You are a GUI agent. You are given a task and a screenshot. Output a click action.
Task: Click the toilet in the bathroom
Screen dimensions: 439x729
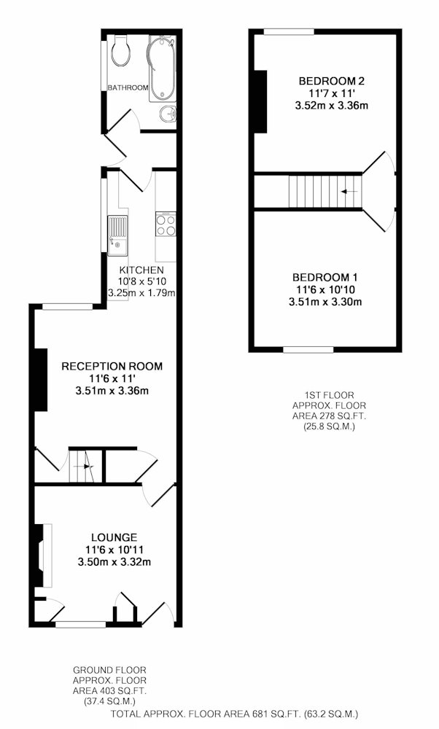pos(121,51)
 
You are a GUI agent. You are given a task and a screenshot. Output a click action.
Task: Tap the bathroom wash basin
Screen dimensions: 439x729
pos(168,114)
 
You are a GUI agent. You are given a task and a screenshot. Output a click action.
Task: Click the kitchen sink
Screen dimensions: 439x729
pos(117,235)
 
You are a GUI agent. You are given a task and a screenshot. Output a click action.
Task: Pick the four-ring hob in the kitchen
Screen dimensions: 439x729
pos(166,225)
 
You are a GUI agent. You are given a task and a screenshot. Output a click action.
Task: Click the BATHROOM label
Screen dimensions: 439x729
pos(128,87)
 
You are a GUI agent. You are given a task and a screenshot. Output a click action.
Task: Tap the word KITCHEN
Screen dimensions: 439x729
pos(141,270)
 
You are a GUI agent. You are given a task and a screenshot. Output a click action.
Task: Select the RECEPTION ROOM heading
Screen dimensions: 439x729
pos(112,367)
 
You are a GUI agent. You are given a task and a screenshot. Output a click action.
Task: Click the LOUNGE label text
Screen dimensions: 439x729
pos(114,538)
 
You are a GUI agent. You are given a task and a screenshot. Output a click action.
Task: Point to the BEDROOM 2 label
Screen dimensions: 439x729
pos(332,81)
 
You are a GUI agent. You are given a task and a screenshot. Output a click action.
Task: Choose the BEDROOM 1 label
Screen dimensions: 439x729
pos(325,278)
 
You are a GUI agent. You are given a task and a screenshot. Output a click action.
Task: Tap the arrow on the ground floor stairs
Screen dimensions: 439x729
pos(88,467)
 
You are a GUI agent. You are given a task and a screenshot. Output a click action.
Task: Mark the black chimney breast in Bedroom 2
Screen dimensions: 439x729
pos(260,102)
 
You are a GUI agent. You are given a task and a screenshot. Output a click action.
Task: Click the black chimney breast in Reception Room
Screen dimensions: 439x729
pos(41,380)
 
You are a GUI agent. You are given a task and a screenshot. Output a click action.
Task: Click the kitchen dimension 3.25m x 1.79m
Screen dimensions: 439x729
pos(141,293)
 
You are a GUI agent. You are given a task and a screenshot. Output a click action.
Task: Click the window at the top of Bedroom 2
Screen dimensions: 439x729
pos(289,32)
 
